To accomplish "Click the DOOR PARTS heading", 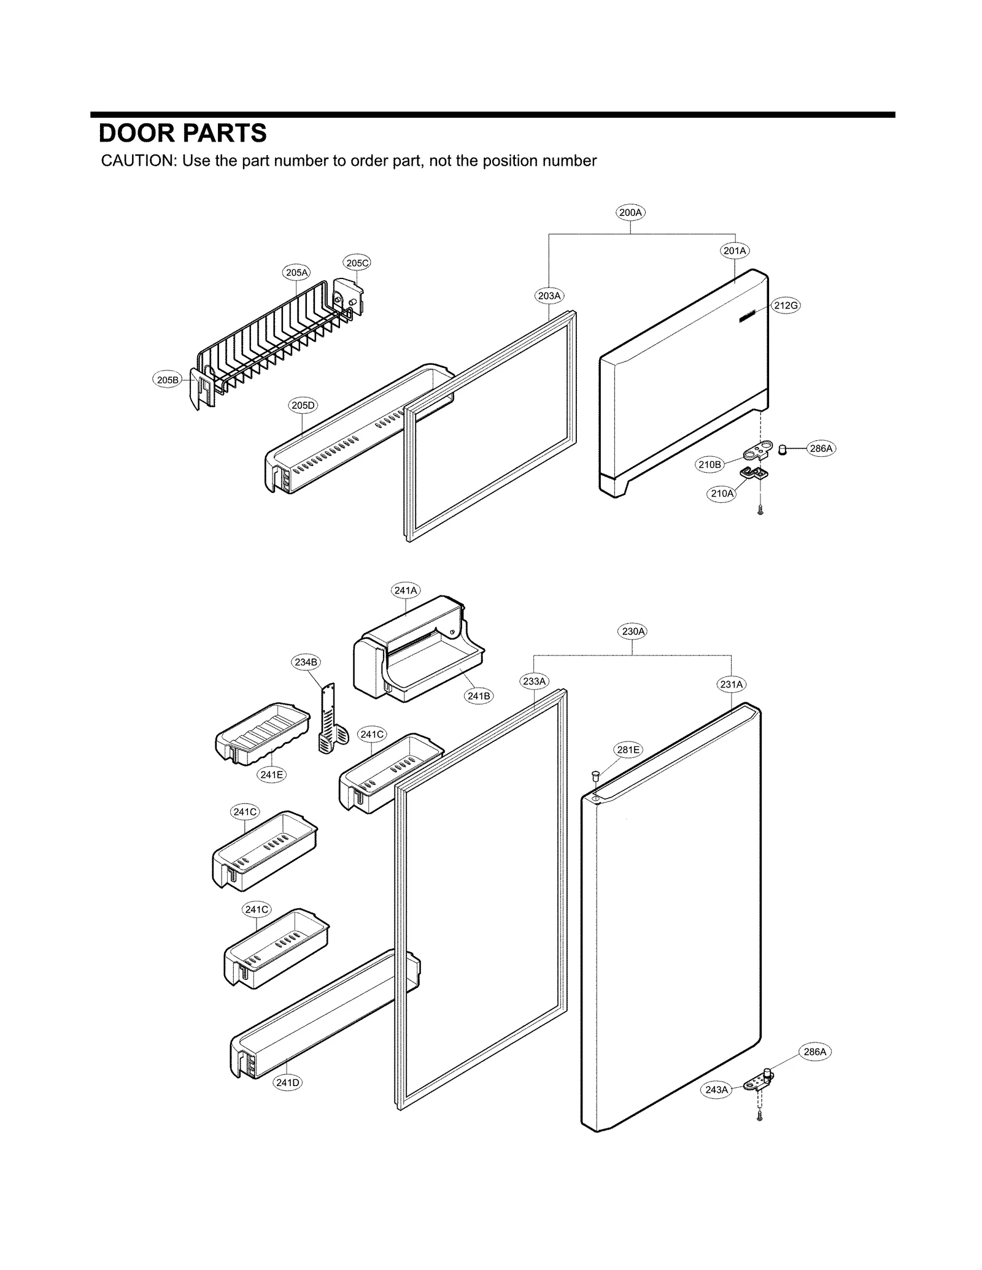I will pos(183,133).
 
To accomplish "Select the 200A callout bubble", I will pos(630,213).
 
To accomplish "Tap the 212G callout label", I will pos(786,305).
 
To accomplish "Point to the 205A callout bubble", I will pos(296,272).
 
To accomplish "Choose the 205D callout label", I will pos(303,405).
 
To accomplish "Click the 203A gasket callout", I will pos(549,296).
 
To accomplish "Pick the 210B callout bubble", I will pos(709,464).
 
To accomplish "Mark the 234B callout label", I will pos(306,662).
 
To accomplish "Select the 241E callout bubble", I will pos(271,775).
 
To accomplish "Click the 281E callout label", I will pos(628,749).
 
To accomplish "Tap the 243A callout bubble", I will pos(716,1090).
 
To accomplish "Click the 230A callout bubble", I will pos(633,631).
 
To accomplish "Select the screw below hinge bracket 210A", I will pos(760,509).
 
